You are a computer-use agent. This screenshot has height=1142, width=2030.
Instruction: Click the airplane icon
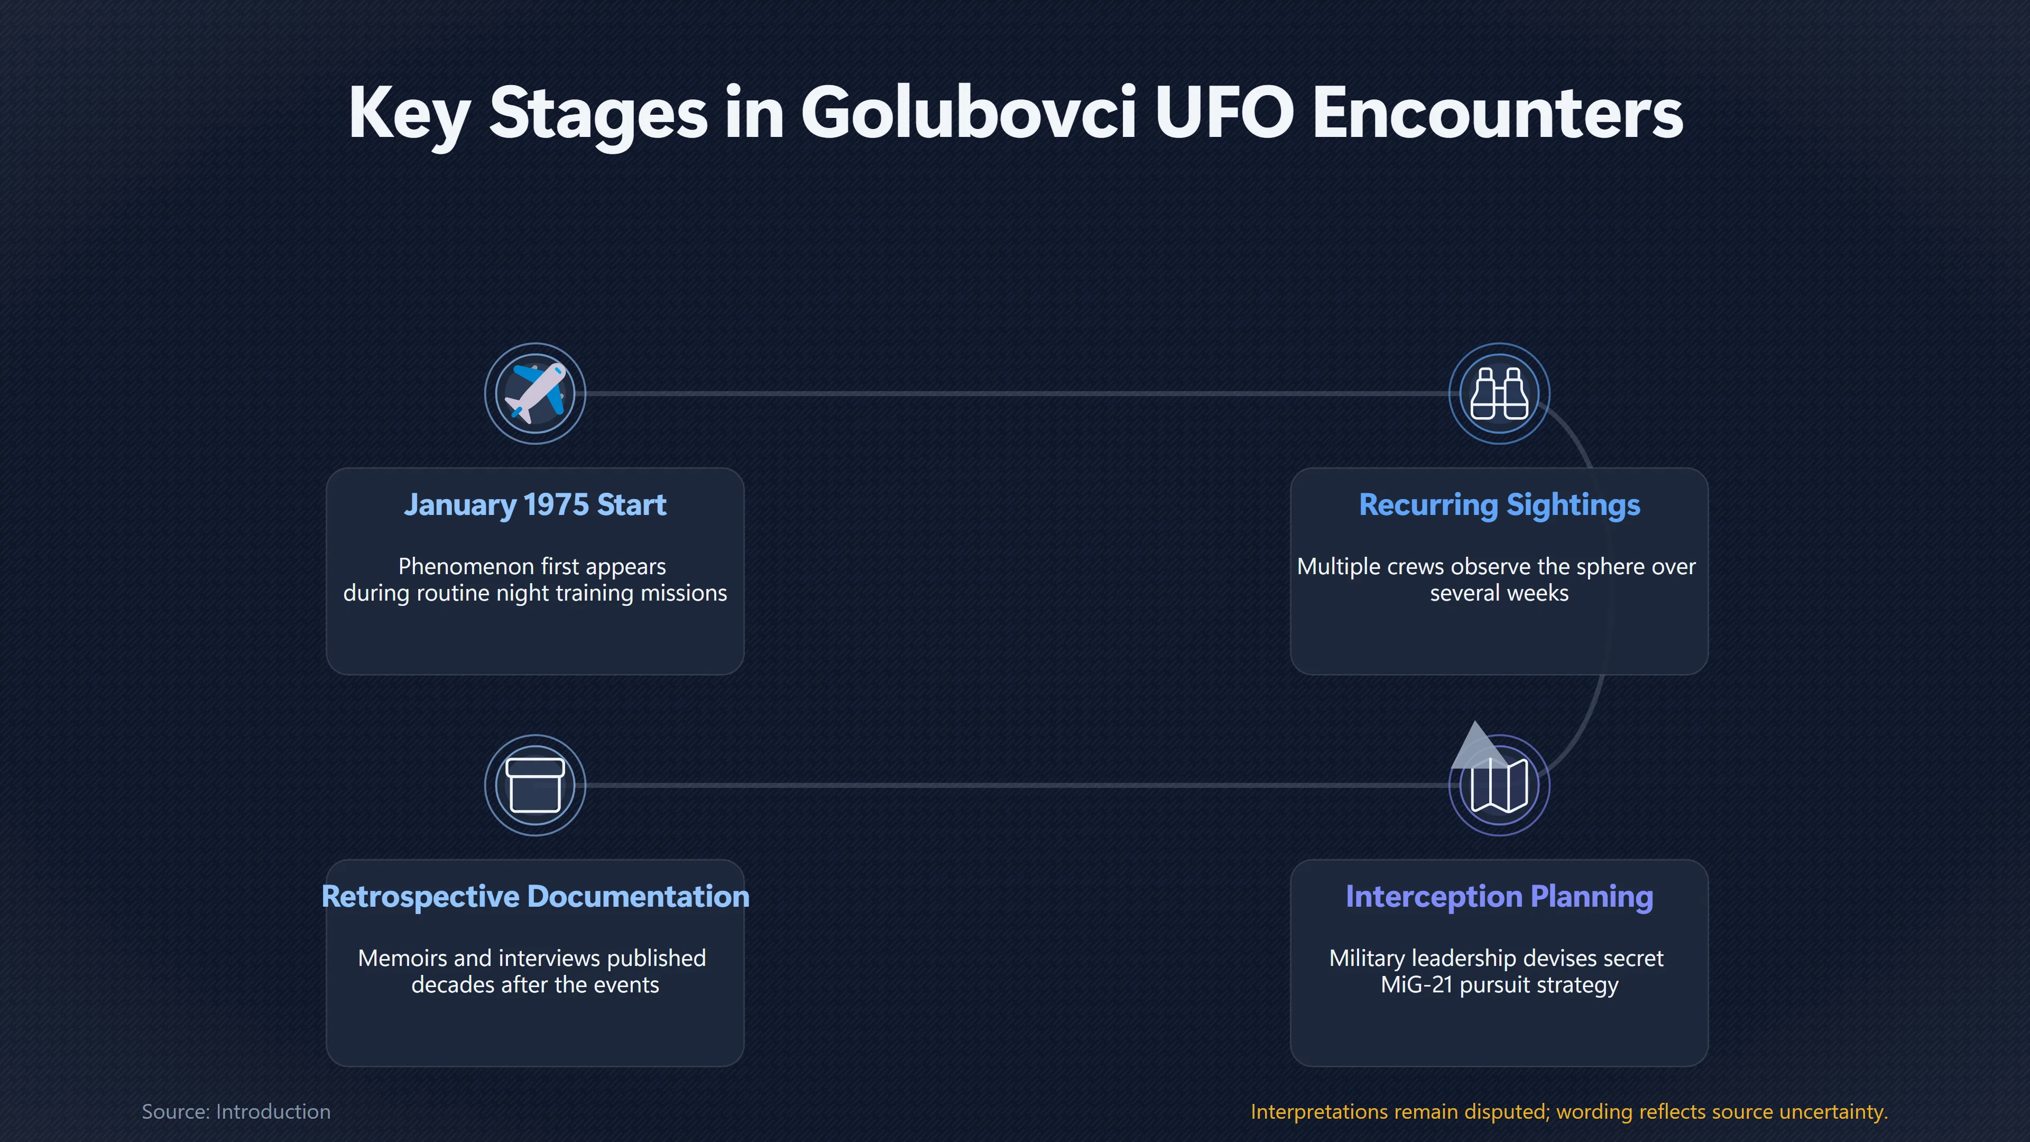click(535, 393)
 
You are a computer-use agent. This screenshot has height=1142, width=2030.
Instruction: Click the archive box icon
click(535, 785)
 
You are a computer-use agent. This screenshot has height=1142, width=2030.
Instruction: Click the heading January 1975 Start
click(535, 504)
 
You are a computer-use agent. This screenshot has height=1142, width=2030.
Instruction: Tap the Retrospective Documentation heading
click(535, 897)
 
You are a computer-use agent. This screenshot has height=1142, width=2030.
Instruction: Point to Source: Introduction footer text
click(236, 1111)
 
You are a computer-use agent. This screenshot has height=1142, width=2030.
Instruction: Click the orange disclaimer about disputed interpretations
click(1569, 1112)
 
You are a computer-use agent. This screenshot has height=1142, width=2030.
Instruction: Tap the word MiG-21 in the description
click(1417, 984)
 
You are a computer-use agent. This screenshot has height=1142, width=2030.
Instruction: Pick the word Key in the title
click(409, 114)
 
